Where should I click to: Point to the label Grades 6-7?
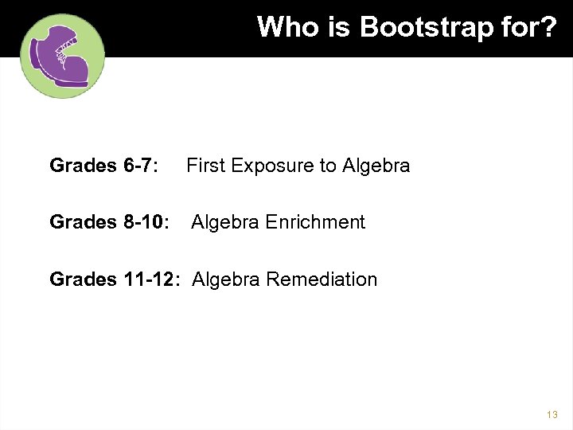point(103,166)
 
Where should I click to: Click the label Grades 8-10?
point(109,222)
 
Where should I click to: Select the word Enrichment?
point(316,222)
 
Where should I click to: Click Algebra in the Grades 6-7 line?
point(376,166)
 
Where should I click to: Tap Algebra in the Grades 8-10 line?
point(226,222)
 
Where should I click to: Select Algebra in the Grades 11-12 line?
point(227,279)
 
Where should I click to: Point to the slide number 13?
point(552,415)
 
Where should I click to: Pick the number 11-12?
point(154,279)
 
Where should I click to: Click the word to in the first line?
point(328,166)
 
